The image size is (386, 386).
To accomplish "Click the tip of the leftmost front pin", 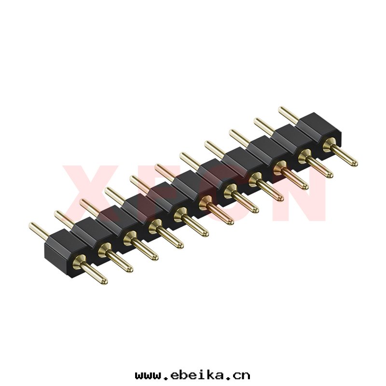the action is (x=105, y=281).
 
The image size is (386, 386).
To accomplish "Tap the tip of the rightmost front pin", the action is (x=355, y=163).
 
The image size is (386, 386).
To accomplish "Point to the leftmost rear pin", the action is (x=39, y=231).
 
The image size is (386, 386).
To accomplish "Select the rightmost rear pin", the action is (x=289, y=115).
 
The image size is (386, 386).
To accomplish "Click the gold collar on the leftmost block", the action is (x=79, y=262).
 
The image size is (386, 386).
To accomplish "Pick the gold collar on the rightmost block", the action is (x=329, y=144).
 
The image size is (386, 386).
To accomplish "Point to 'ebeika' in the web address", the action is (x=197, y=375).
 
